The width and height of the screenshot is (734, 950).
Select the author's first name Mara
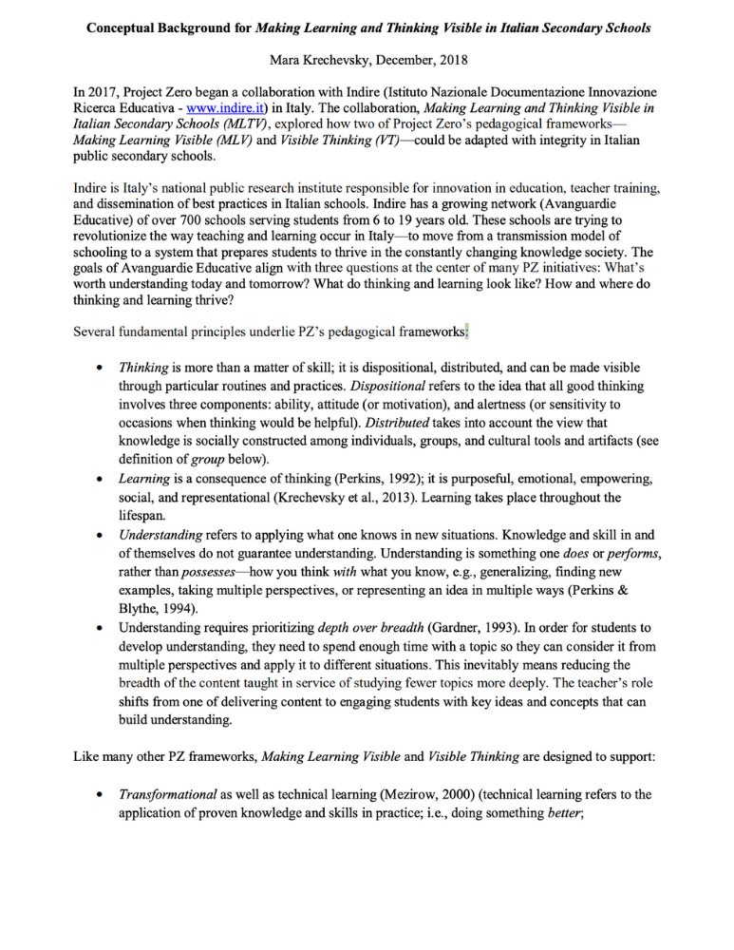click(x=287, y=60)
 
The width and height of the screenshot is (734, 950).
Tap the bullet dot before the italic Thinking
click(x=100, y=368)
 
